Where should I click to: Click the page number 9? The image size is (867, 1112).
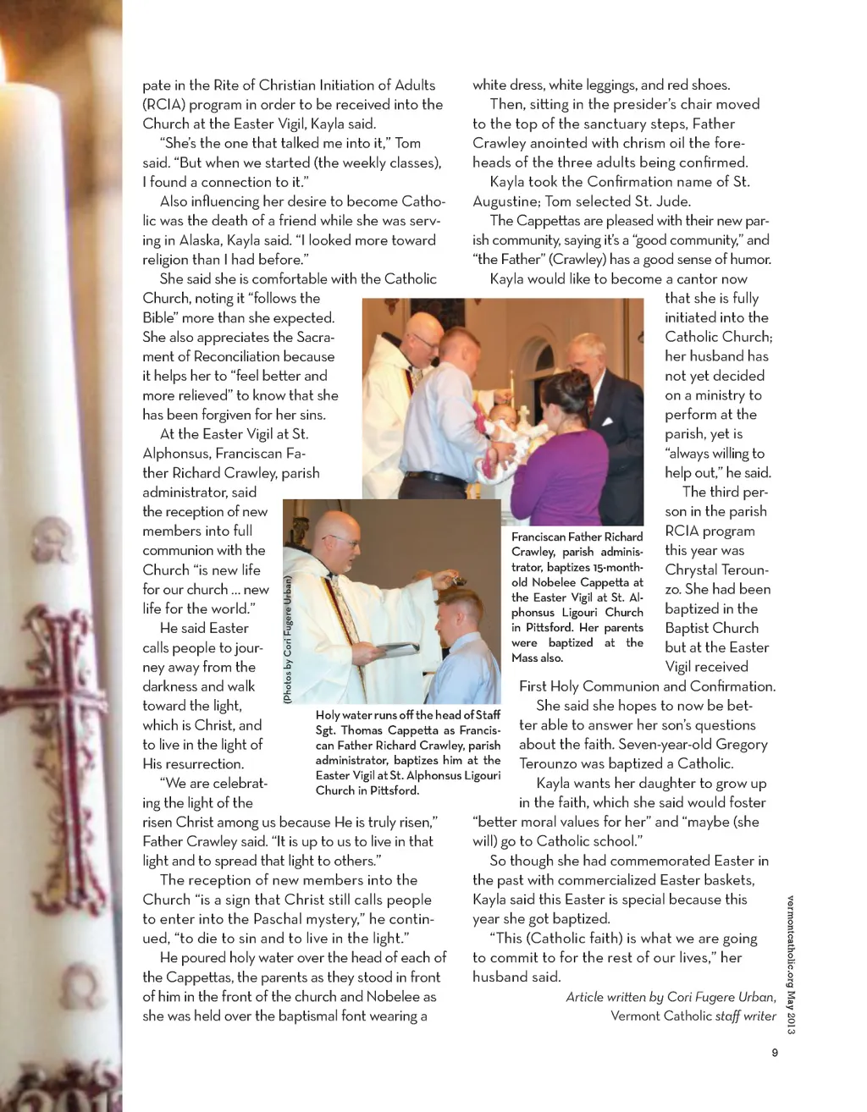click(x=774, y=1053)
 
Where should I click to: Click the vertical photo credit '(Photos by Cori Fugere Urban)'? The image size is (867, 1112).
click(x=288, y=641)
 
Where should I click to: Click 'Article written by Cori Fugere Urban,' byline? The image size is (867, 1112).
click(x=671, y=997)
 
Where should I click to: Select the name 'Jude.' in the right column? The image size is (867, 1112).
click(x=673, y=201)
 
